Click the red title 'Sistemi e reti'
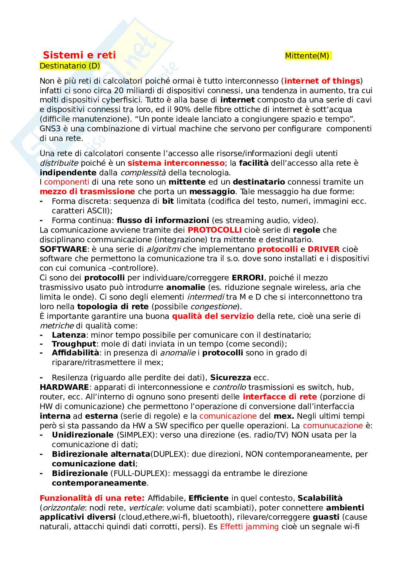[x=79, y=55]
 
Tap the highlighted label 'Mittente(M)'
[x=307, y=56]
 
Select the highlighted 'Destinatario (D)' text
[x=70, y=66]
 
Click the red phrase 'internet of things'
[x=322, y=81]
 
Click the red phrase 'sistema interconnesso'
[x=176, y=163]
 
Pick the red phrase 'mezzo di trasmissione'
[x=87, y=192]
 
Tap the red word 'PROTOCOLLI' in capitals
[x=215, y=230]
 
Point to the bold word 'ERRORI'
[x=248, y=278]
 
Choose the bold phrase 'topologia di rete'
[x=113, y=307]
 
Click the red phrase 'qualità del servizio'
[x=213, y=316]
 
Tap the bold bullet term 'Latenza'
[x=69, y=335]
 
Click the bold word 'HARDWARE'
[x=64, y=387]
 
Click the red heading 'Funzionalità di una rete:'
[x=92, y=498]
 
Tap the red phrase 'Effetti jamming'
[x=249, y=527]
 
